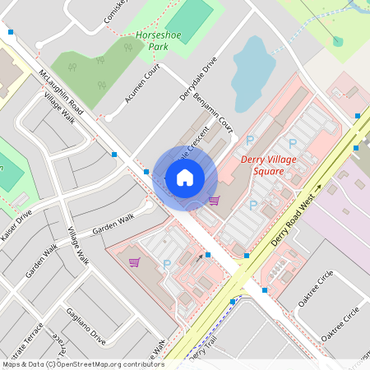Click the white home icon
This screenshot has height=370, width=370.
pos(185,178)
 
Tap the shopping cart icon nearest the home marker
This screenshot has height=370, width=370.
pos(214,201)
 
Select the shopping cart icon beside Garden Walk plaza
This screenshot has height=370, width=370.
pos(134,262)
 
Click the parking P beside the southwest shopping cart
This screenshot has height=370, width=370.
pos(167,265)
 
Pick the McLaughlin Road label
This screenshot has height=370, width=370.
pos(62,91)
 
